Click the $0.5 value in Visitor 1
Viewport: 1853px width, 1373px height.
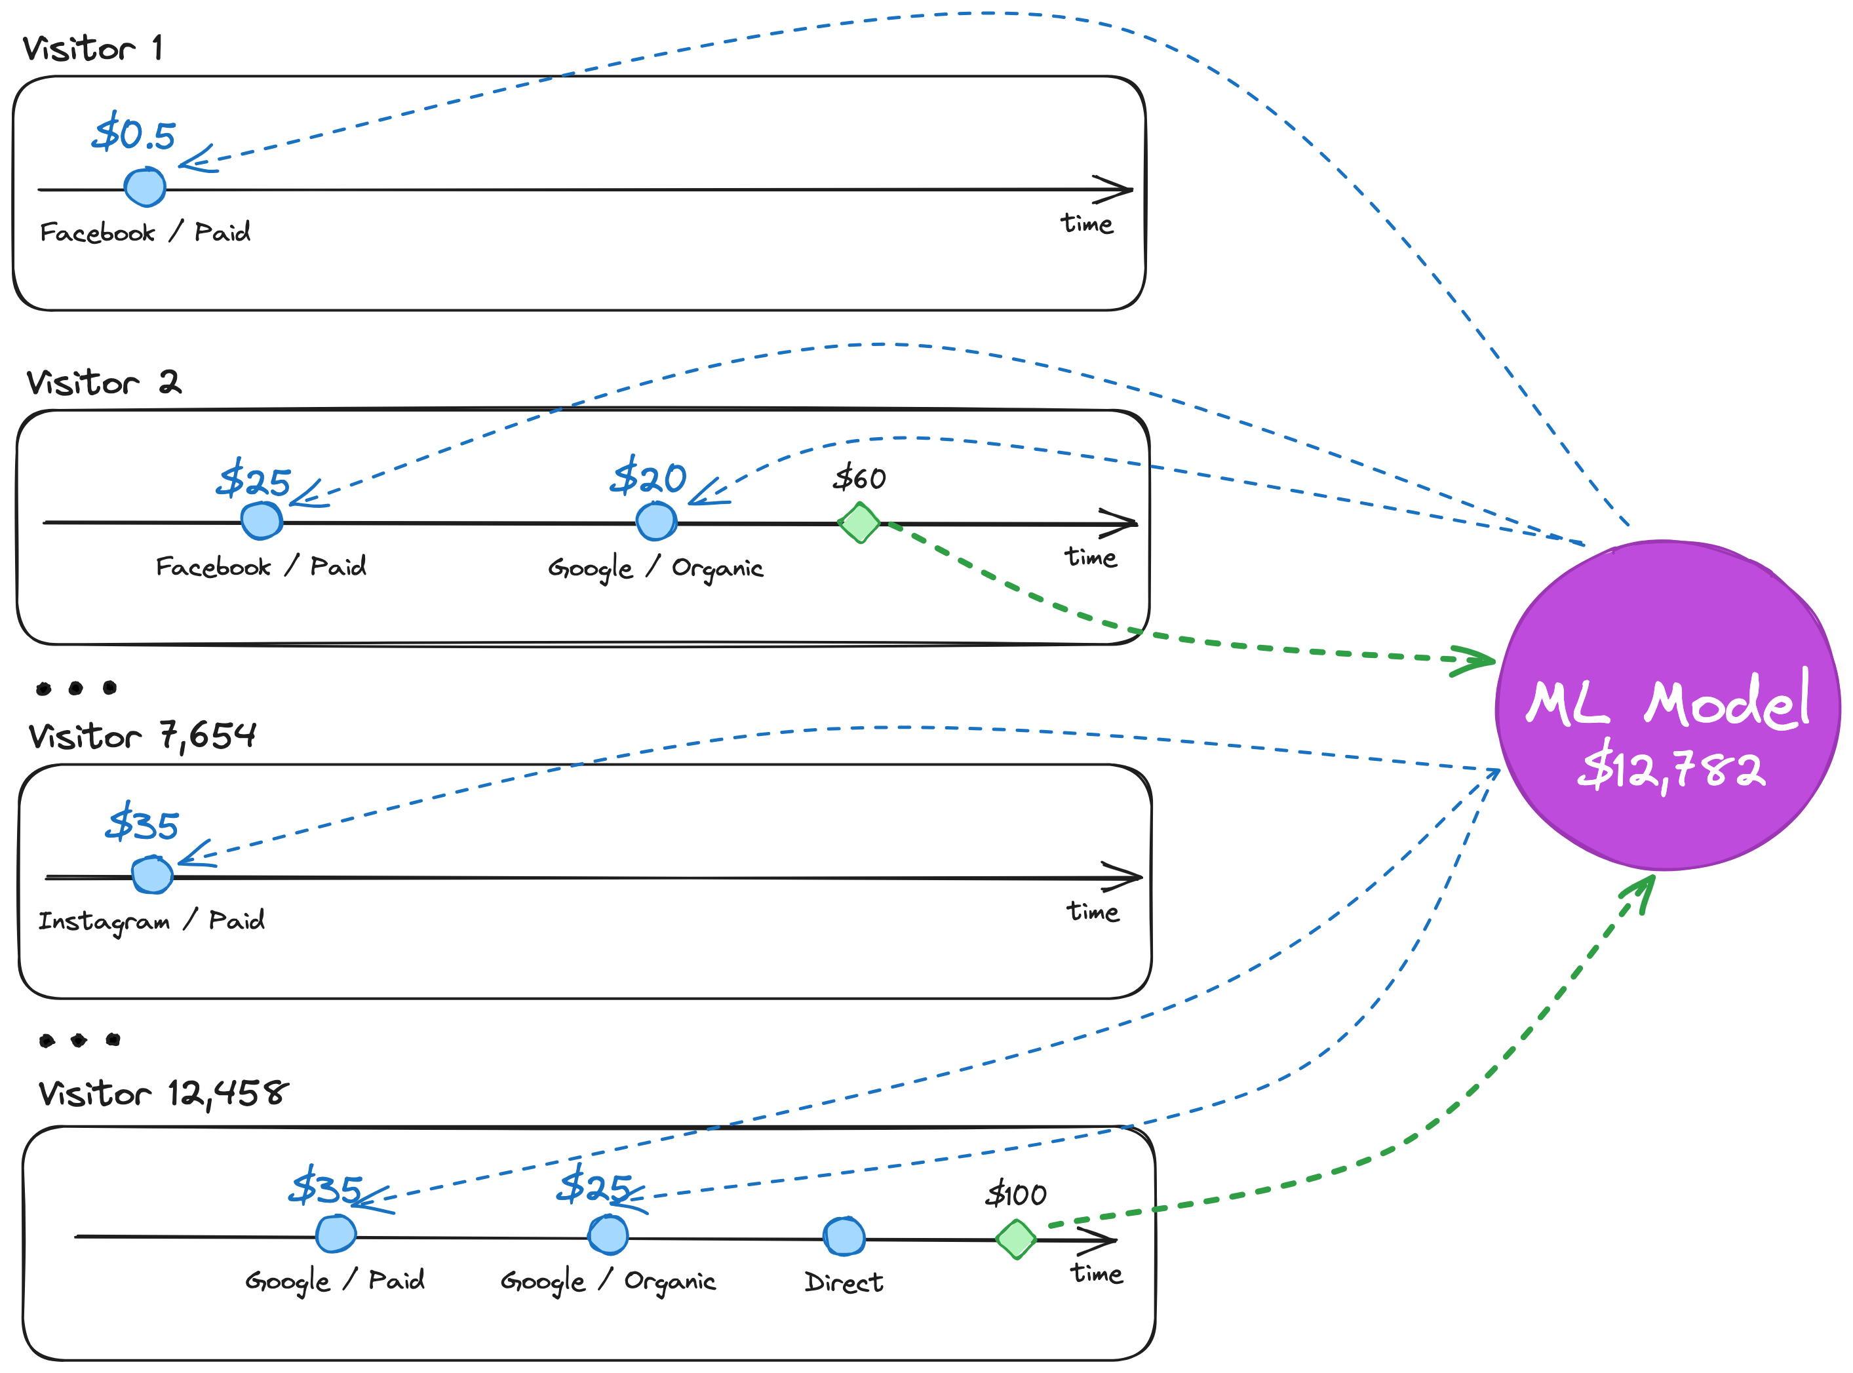pos(134,134)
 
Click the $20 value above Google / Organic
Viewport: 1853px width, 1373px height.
pos(648,478)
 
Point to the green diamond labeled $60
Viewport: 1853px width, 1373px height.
pos(859,523)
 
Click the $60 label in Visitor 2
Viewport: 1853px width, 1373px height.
pos(859,478)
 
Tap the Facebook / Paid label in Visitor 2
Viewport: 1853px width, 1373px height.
pos(260,567)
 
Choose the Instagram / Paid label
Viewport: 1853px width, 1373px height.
pos(151,921)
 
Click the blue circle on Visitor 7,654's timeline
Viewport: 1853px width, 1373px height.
pos(152,875)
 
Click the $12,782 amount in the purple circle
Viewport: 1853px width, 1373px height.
pos(1671,769)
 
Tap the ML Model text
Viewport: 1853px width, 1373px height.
pos(1668,703)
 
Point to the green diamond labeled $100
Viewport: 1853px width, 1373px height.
pos(1016,1240)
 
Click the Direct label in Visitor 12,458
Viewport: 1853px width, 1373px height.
pos(843,1283)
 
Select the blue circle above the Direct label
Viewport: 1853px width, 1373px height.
pos(844,1237)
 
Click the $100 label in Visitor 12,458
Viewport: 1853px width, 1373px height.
pos(1015,1195)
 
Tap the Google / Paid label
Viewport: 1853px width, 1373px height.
pos(334,1281)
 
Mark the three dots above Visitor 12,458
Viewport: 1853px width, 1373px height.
pos(79,1039)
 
